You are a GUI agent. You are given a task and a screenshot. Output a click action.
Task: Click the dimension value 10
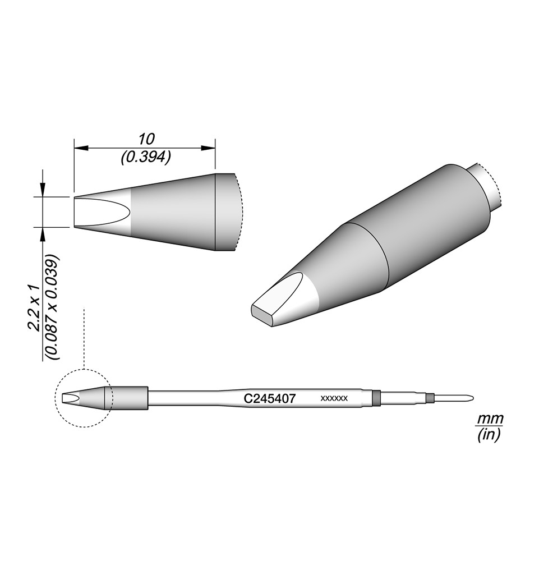[x=146, y=139]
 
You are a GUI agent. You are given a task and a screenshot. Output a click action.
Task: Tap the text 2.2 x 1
[x=35, y=304]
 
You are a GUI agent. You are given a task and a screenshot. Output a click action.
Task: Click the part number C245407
[x=270, y=398]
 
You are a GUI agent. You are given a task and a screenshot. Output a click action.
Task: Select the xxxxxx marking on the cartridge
[x=334, y=398]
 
